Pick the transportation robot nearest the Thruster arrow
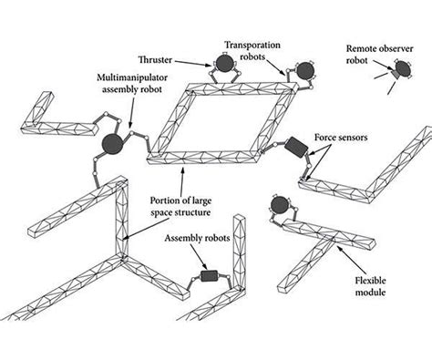point(221,65)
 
